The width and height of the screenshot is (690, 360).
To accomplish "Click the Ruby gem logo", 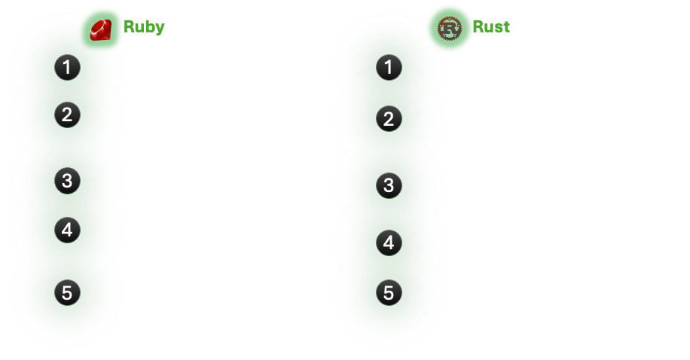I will coord(100,29).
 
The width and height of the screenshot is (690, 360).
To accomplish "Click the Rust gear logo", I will coord(450,28).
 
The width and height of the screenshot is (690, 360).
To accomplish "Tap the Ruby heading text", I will coord(144,27).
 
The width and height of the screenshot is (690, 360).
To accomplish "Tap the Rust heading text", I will coord(491,27).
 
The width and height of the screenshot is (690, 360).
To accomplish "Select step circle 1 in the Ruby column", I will coord(67,68).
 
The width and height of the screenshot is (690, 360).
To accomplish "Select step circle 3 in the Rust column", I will coord(389,185).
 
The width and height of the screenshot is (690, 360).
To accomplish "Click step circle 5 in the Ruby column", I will coord(67,292).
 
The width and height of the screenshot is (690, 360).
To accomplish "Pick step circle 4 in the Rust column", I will coord(389,243).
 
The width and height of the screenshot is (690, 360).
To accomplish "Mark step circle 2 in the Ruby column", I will coord(67,115).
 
